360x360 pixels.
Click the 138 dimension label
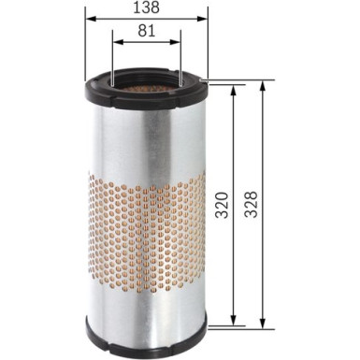point(146,8)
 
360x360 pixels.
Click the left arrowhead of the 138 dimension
point(88,18)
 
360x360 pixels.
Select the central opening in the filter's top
point(145,84)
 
